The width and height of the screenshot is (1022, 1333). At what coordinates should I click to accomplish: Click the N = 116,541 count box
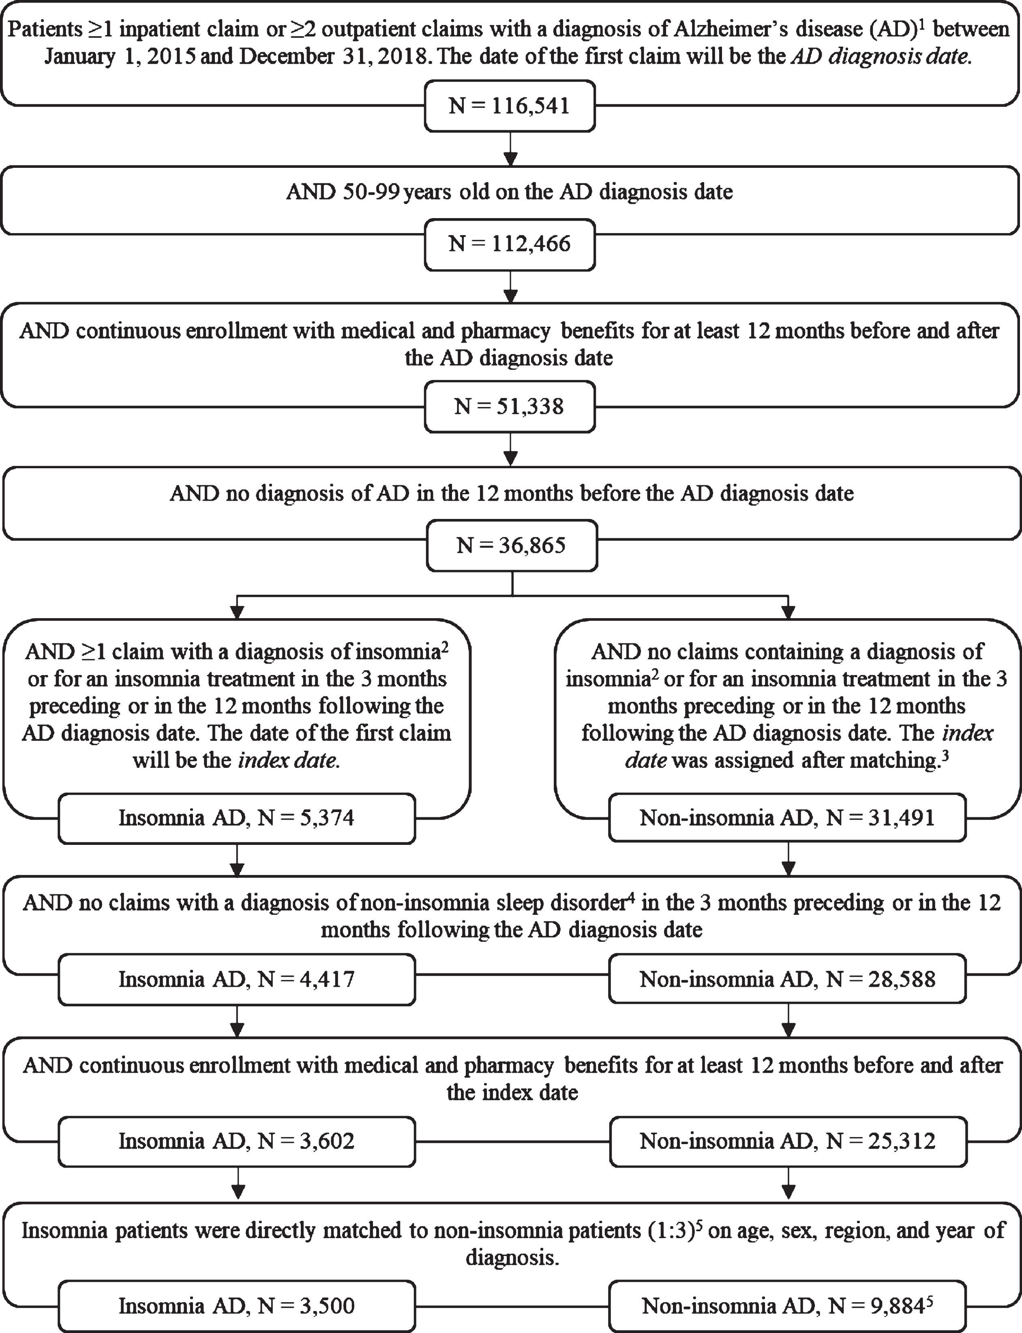pos(510,106)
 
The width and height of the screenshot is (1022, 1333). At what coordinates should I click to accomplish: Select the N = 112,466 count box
pos(510,244)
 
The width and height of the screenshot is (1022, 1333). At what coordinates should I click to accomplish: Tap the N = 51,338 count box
pos(510,406)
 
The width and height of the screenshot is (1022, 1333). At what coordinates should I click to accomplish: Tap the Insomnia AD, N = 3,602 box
pos(237,1141)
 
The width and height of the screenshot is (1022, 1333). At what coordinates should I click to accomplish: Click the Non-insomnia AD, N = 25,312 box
pos(787,1141)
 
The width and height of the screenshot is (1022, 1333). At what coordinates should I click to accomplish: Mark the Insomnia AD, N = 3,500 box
pos(237,1305)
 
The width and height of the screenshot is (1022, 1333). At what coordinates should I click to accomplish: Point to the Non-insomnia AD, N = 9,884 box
pos(787,1305)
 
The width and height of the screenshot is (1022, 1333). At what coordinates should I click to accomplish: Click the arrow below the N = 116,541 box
pos(511,149)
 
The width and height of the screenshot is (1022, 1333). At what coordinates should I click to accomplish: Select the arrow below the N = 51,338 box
pos(511,450)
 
